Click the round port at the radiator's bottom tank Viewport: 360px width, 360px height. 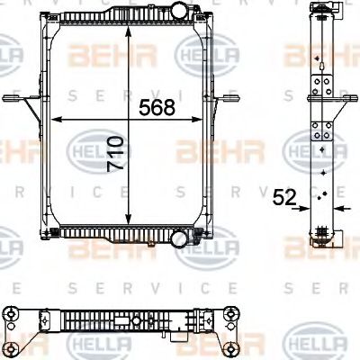180,240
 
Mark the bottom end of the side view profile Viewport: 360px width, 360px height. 322,243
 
